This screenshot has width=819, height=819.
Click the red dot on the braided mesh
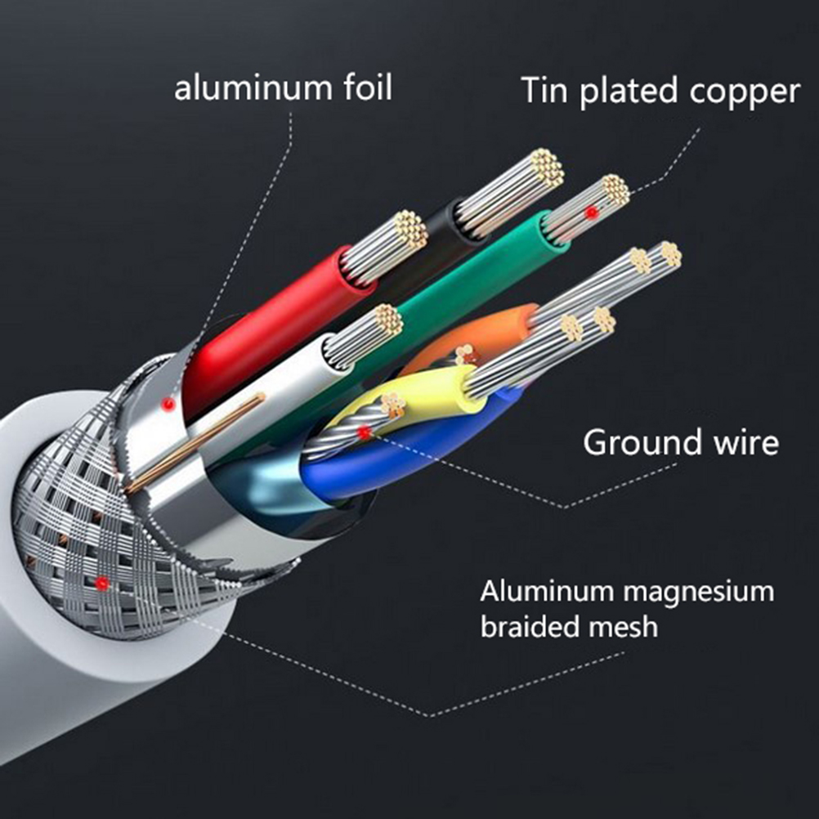click(x=102, y=583)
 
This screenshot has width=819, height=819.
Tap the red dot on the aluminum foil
click(x=168, y=403)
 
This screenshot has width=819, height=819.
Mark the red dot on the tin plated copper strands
click(x=590, y=213)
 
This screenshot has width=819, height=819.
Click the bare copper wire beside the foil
click(x=196, y=441)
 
